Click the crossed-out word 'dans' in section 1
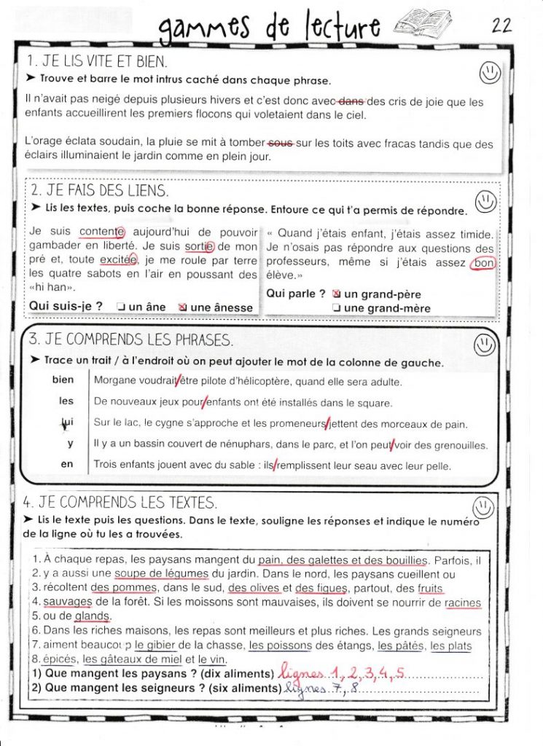(351, 102)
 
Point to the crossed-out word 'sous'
(280, 144)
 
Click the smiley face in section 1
(490, 72)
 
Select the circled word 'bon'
(482, 263)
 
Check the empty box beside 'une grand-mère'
(336, 308)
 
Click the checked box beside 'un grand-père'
(336, 294)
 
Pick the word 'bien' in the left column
(63, 380)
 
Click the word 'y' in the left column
(69, 443)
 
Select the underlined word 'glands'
(91, 616)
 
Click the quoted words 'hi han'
(48, 288)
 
